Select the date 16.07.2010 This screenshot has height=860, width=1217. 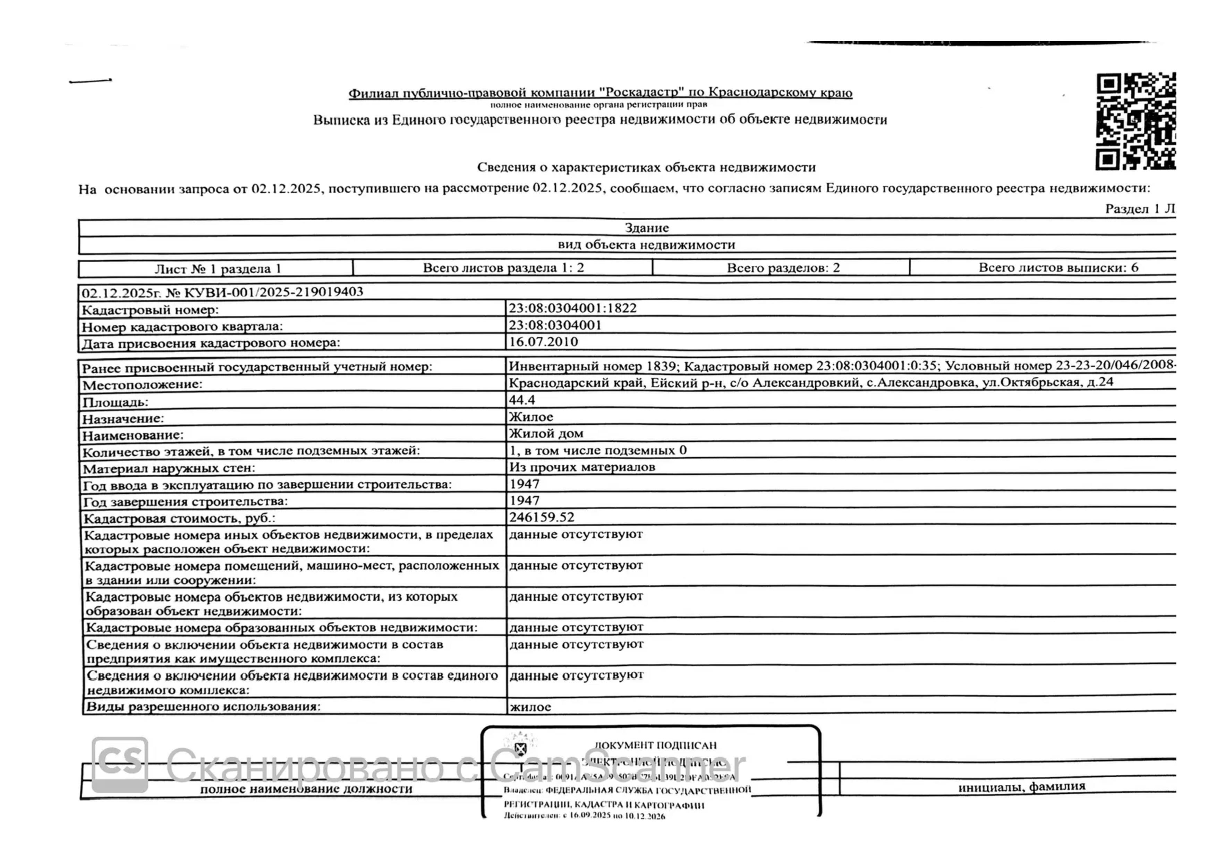(543, 342)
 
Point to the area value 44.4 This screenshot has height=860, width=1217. (522, 400)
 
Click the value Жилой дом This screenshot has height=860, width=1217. (546, 433)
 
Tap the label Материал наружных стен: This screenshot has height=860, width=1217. (169, 468)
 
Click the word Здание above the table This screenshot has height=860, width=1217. (647, 228)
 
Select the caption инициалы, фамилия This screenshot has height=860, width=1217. (1021, 787)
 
